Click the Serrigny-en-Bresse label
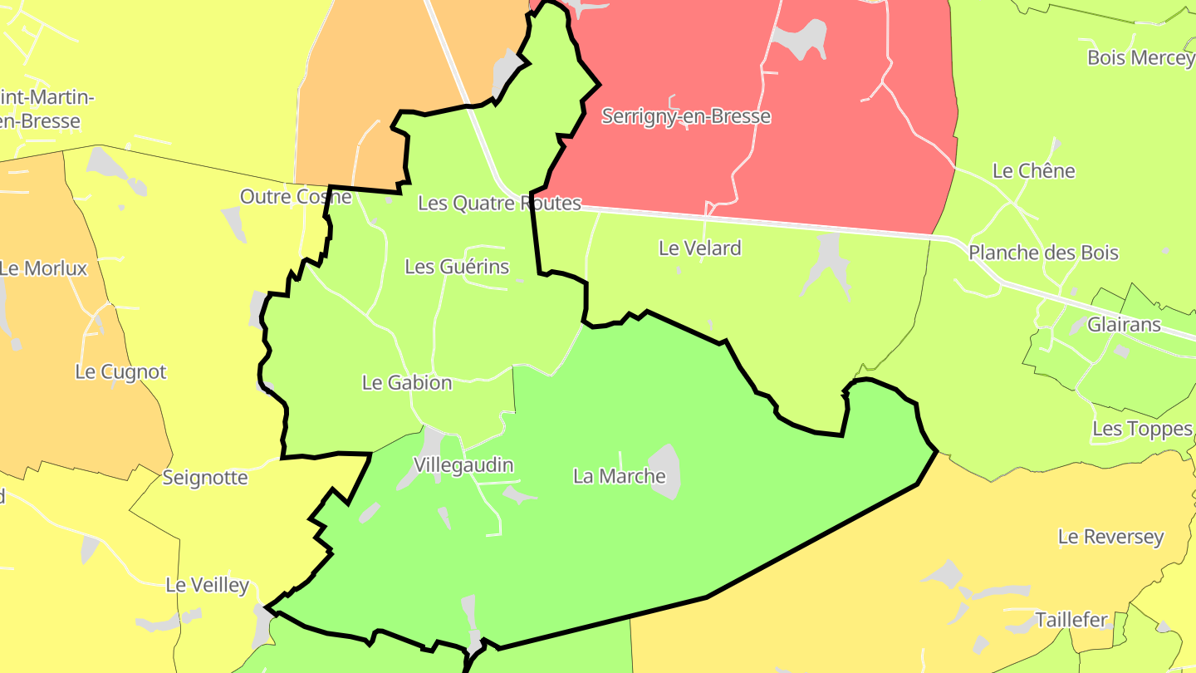tap(686, 116)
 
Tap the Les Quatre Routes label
tap(499, 203)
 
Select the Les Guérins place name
tap(457, 267)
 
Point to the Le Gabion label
tap(407, 383)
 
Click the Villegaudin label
tap(463, 465)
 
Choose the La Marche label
tap(619, 476)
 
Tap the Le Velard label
tap(699, 248)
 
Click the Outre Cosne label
tap(296, 197)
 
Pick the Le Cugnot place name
tap(120, 371)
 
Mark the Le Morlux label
tap(43, 268)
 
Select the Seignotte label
tap(205, 478)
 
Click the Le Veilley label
tap(207, 585)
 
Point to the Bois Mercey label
tap(1140, 58)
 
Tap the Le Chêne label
tap(1034, 171)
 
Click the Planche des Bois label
tap(1043, 253)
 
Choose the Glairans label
tap(1124, 324)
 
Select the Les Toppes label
tap(1142, 429)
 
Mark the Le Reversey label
tap(1110, 537)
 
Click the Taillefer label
tap(1071, 620)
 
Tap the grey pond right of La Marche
tap(666, 471)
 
